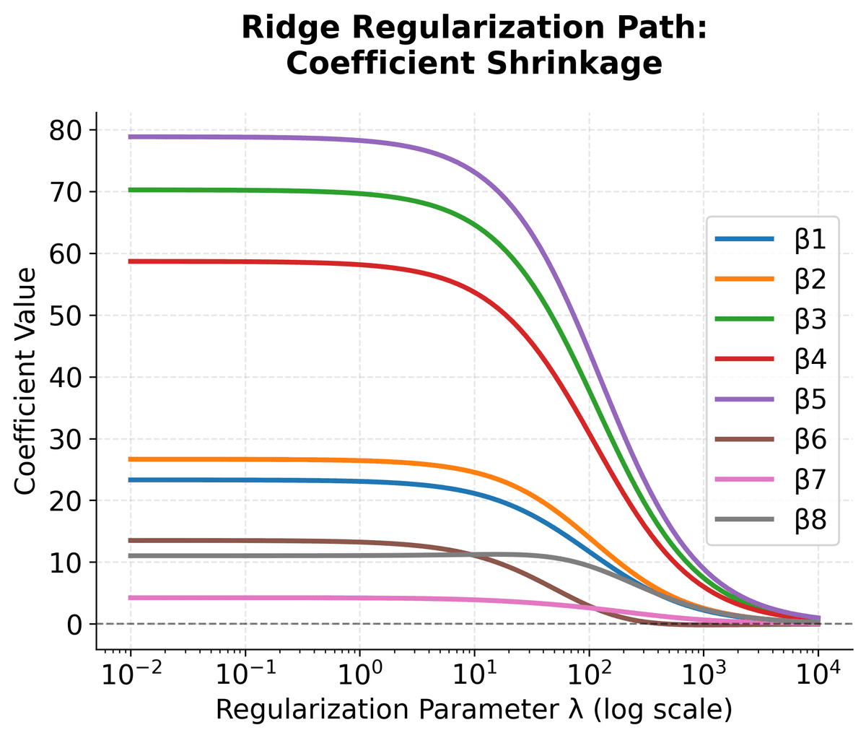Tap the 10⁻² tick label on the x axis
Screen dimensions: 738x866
130,677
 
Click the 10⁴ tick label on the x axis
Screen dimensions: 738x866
818,677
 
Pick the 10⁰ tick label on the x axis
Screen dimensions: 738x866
359,677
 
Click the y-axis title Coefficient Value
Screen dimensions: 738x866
26,381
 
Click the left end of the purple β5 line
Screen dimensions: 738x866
131,136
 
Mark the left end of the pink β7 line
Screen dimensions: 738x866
131,598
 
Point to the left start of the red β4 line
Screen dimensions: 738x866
131,261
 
